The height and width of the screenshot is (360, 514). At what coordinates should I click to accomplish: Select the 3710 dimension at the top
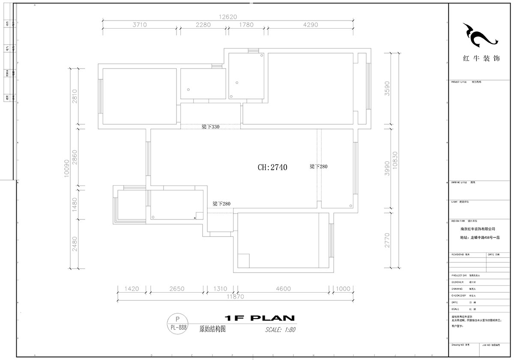pos(140,25)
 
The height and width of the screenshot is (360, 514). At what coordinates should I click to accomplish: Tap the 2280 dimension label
pos(203,25)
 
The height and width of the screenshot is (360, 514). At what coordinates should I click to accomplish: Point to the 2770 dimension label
pos(387,241)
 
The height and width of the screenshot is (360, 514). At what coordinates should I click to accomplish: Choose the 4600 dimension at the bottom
pos(283,289)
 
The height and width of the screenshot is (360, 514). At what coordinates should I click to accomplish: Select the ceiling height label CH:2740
pos(272,168)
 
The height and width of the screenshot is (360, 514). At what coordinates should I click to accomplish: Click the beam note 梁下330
pos(210,127)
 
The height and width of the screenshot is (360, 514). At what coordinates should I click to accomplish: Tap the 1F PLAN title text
pos(260,318)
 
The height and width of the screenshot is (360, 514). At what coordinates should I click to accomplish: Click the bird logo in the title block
pos(481,35)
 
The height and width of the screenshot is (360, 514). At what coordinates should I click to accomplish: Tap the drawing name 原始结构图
pos(212,330)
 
